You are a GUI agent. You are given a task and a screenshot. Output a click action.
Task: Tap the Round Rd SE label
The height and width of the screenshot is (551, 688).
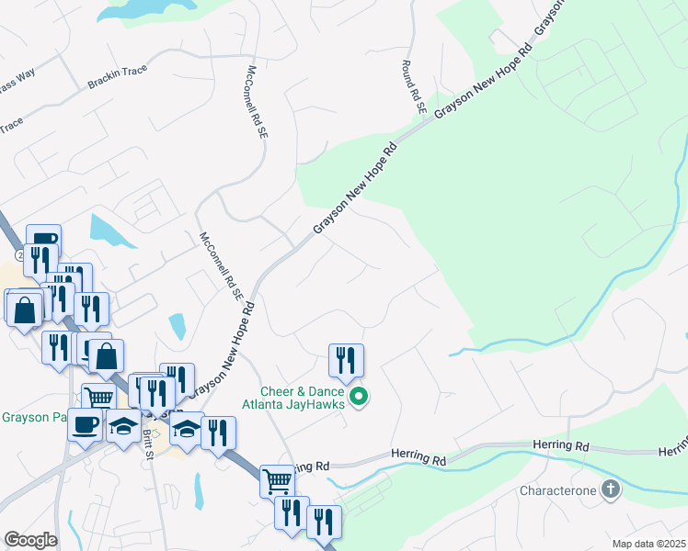click(x=414, y=87)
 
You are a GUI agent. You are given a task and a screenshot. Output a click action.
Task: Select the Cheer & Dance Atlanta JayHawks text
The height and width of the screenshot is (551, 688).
click(x=293, y=397)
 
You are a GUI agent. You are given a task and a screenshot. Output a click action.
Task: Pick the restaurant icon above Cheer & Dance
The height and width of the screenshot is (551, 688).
click(x=346, y=360)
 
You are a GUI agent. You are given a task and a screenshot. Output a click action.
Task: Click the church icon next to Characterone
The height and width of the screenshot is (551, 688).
click(x=610, y=490)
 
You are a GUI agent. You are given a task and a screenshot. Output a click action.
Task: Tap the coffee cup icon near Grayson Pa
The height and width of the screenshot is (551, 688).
click(x=86, y=424)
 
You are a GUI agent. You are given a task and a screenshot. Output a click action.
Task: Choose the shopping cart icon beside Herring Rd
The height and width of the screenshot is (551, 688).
click(x=276, y=479)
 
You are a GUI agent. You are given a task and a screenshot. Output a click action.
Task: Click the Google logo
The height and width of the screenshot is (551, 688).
click(x=29, y=540)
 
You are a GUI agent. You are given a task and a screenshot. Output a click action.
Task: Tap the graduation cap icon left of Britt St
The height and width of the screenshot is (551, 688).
click(x=123, y=426)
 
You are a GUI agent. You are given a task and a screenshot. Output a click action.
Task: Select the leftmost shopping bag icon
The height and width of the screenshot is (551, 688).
click(x=24, y=309)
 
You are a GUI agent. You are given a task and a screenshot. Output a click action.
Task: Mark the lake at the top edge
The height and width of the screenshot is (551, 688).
click(x=138, y=8)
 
